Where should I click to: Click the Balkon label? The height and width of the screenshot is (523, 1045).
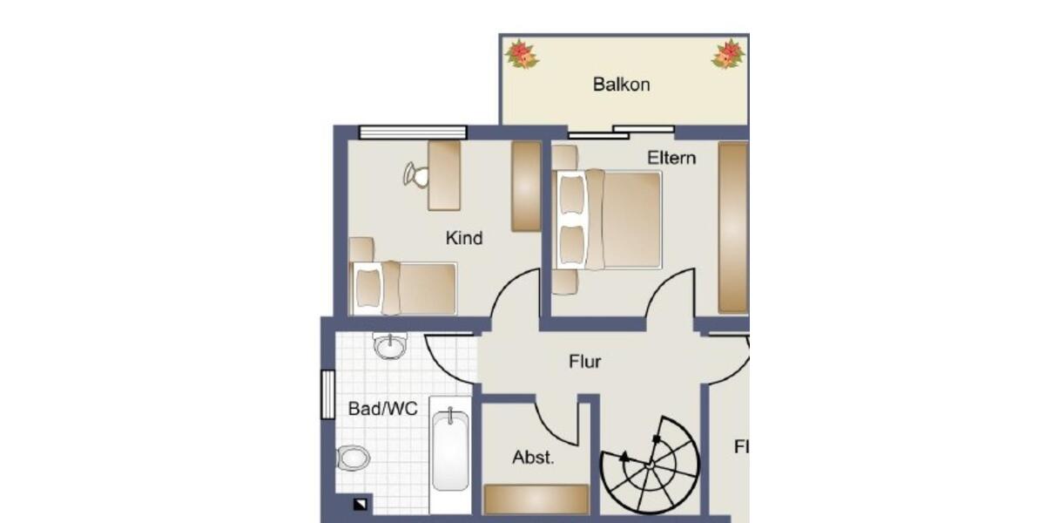pyautogui.click(x=621, y=85)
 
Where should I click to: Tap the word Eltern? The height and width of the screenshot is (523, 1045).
pyautogui.click(x=671, y=159)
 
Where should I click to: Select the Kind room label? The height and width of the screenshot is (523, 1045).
pyautogui.click(x=464, y=238)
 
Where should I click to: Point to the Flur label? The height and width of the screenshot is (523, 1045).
pyautogui.click(x=585, y=362)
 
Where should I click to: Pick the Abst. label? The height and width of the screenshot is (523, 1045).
pyautogui.click(x=533, y=458)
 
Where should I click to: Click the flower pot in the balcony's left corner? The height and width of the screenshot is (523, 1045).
pyautogui.click(x=522, y=54)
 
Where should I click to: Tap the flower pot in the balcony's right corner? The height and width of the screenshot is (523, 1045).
pyautogui.click(x=728, y=54)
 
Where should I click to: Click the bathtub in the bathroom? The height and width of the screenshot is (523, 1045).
pyautogui.click(x=451, y=453)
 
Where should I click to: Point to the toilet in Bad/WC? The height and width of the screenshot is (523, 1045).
pyautogui.click(x=353, y=457)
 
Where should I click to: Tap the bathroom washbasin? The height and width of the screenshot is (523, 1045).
pyautogui.click(x=389, y=346)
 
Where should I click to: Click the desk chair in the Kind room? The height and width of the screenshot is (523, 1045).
pyautogui.click(x=417, y=175)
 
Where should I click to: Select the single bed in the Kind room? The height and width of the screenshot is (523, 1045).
pyautogui.click(x=403, y=288)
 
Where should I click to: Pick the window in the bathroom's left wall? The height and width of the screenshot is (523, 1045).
pyautogui.click(x=327, y=394)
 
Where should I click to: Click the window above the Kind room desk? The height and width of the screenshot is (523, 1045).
pyautogui.click(x=413, y=132)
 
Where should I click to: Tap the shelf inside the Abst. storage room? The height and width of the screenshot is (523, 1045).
pyautogui.click(x=536, y=499)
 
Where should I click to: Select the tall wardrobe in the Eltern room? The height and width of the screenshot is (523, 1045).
pyautogui.click(x=733, y=227)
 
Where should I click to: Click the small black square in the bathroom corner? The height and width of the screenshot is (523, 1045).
pyautogui.click(x=361, y=504)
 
